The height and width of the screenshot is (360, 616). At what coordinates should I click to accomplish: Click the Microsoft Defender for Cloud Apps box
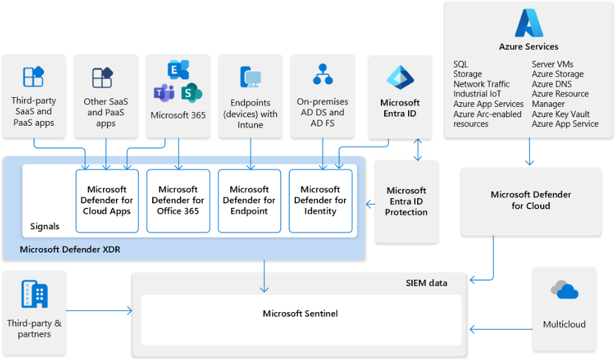click(107, 201)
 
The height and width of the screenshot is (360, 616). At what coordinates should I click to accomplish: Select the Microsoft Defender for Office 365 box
click(178, 201)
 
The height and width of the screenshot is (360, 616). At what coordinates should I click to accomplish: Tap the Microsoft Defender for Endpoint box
click(249, 201)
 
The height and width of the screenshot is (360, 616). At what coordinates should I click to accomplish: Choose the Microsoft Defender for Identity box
click(321, 201)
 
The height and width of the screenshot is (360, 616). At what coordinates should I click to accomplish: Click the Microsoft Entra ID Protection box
click(406, 201)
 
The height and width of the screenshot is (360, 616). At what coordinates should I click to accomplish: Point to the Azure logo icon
click(529, 23)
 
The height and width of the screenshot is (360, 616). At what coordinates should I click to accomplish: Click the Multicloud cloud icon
click(564, 290)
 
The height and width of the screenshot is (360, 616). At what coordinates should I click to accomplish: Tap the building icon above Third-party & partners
click(34, 294)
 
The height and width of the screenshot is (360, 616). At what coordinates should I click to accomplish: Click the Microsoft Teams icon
click(163, 93)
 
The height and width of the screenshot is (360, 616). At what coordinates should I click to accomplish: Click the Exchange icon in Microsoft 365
click(178, 70)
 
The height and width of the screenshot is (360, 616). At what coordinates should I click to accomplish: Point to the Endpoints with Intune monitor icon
click(250, 77)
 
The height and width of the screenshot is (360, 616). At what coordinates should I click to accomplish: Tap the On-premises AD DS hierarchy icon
click(323, 74)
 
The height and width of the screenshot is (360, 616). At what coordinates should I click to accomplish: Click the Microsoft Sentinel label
click(300, 313)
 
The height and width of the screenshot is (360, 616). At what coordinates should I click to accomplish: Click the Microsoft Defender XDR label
click(70, 249)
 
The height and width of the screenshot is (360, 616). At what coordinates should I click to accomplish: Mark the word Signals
click(45, 227)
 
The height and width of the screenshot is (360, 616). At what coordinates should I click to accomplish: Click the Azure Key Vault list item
click(560, 114)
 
